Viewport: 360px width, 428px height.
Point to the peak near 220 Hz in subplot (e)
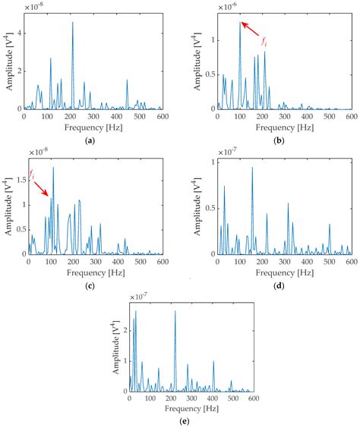pos(175,312)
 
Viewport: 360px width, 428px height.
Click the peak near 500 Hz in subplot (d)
pos(330,225)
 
